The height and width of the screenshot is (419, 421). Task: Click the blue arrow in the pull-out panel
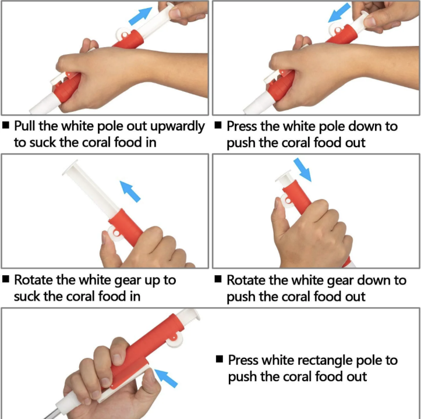coord(140,16)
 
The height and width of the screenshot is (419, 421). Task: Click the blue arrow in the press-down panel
coord(339,13)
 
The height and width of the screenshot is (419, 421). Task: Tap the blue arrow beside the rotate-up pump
coord(130,191)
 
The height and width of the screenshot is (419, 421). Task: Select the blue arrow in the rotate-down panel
coord(302,170)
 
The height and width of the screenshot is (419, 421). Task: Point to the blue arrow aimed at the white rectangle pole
coord(165,378)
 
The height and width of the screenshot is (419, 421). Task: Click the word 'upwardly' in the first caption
coord(178,126)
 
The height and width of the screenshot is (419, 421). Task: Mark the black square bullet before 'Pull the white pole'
coord(6,125)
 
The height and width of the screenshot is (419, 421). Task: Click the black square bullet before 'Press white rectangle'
coord(220,359)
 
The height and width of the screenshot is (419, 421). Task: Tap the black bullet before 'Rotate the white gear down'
coord(218,279)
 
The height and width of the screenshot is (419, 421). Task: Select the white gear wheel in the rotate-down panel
coord(286,201)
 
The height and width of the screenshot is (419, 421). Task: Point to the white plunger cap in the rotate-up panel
coord(70,168)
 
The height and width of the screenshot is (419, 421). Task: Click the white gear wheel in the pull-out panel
coord(123,34)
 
